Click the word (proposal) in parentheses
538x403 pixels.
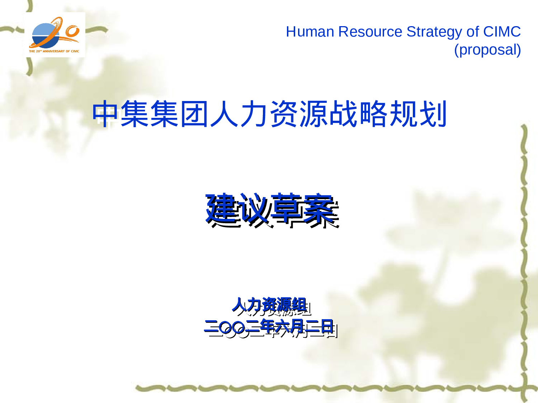click(487, 50)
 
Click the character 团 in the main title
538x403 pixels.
click(195, 114)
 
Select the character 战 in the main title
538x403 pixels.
click(344, 114)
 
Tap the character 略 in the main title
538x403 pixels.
click(373, 114)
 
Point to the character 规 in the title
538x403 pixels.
click(403, 114)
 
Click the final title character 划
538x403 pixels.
click(433, 114)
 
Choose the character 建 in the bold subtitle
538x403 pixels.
click(221, 208)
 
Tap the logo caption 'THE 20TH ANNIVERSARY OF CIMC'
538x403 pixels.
click(54, 51)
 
